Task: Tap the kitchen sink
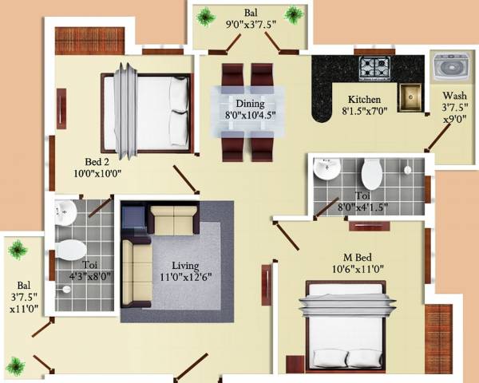pyautogui.click(x=410, y=97)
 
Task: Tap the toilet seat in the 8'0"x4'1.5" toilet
pyautogui.click(x=370, y=173)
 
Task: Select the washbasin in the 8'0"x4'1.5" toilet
pyautogui.click(x=327, y=169)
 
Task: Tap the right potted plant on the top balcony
pyautogui.click(x=295, y=14)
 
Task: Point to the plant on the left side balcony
pyautogui.click(x=17, y=250)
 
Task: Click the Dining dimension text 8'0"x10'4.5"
pyautogui.click(x=249, y=115)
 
